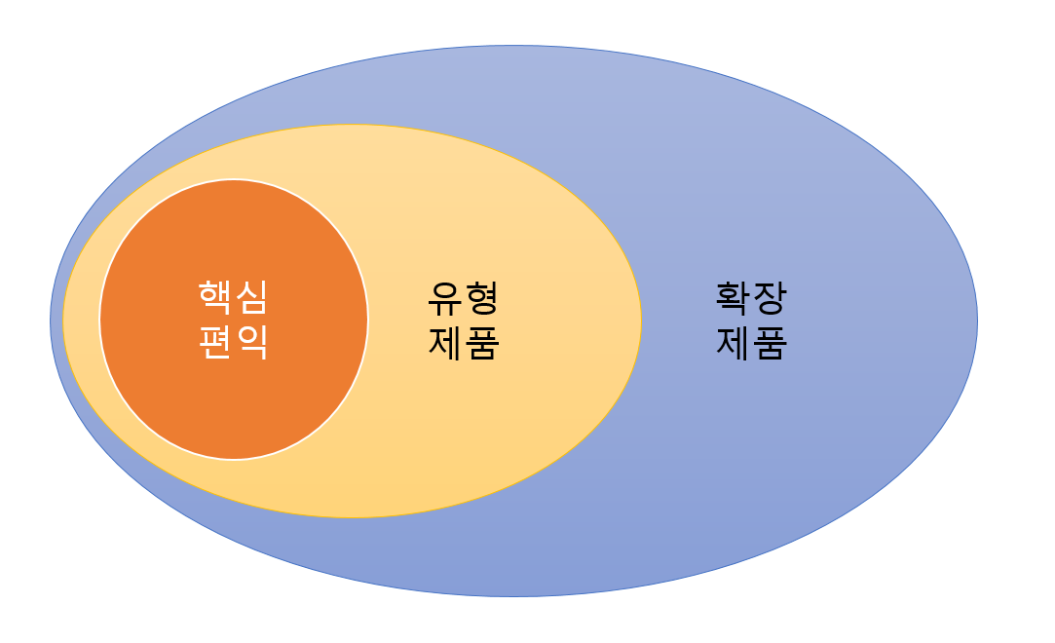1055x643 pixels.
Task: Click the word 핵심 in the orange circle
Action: click(x=234, y=295)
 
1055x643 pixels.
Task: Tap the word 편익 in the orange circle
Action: click(x=234, y=342)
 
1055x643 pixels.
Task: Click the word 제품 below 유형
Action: click(x=464, y=343)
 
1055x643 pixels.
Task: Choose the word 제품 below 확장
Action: click(x=751, y=343)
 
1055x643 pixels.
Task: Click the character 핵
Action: click(x=215, y=295)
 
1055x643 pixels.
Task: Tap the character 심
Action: click(x=252, y=295)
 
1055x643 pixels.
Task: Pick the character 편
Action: click(x=215, y=342)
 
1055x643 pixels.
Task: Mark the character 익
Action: click(x=252, y=342)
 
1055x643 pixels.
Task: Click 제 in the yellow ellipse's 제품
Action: click(x=445, y=343)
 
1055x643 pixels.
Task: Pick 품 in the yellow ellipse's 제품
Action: click(x=482, y=343)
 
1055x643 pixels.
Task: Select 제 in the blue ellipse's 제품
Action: click(x=733, y=343)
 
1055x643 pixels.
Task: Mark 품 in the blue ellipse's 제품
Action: click(x=770, y=343)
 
